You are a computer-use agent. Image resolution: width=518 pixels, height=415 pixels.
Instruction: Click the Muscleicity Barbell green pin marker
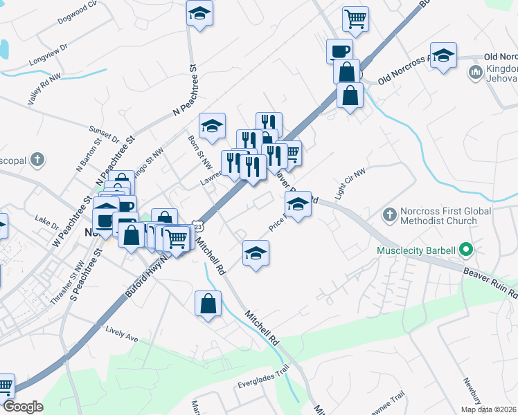[466, 250]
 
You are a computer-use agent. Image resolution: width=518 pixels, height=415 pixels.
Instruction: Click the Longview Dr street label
[48, 55]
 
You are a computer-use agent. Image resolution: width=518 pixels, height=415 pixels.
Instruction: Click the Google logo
[23, 407]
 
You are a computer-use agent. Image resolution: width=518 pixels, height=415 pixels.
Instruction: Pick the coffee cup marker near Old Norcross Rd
[339, 50]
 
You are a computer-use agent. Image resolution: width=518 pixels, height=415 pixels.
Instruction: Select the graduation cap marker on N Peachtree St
[199, 13]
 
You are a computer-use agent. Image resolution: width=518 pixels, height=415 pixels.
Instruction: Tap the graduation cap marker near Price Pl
[298, 205]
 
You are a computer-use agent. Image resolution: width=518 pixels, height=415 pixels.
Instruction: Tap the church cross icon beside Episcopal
[37, 161]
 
